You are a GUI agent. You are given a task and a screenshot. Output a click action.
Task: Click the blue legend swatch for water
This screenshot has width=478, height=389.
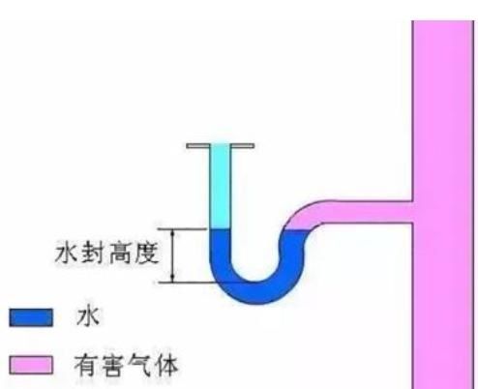click(x=31, y=317)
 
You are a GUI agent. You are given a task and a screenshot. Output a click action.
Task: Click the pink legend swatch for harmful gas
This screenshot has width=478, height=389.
click(x=31, y=365)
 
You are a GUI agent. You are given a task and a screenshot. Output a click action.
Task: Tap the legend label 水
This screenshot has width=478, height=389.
click(x=88, y=316)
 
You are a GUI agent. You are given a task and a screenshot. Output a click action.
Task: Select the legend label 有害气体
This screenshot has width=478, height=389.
click(x=126, y=366)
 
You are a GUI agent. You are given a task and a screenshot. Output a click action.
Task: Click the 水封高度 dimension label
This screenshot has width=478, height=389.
click(x=107, y=254)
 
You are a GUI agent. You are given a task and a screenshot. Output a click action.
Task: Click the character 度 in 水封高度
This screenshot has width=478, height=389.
click(x=147, y=254)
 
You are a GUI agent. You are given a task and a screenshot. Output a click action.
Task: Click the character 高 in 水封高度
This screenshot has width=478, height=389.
click(x=120, y=254)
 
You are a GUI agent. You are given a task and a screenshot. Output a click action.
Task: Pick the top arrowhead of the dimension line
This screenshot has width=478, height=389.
click(x=173, y=233)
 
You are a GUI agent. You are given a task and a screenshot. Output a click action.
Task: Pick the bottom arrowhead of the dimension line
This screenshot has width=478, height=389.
click(x=173, y=278)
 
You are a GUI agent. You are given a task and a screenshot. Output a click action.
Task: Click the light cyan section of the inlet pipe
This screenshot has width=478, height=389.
click(x=220, y=187)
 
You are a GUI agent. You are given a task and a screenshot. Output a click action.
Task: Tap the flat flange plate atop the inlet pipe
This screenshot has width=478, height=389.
click(x=221, y=146)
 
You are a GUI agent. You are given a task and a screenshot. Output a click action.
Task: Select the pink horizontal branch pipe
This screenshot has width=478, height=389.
click(x=368, y=212)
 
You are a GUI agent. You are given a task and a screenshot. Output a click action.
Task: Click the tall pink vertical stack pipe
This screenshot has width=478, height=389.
click(x=443, y=204)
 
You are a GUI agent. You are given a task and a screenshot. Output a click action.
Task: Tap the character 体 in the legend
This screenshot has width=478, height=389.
click(x=165, y=366)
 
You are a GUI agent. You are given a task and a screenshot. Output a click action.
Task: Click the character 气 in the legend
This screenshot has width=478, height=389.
click(x=139, y=366)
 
